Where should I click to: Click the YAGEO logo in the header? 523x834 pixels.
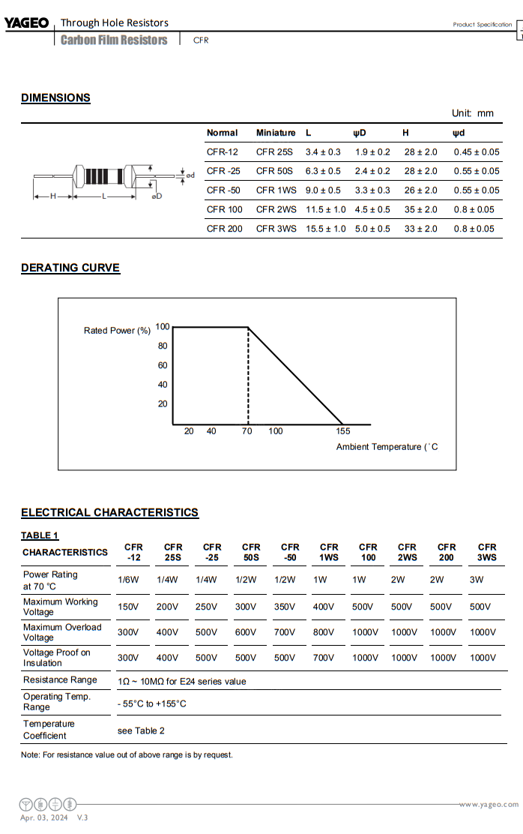26,23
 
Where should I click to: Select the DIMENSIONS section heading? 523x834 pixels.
55,97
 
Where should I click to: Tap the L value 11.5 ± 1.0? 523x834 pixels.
325,210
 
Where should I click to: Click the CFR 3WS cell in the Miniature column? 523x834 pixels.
276,229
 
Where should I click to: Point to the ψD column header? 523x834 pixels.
360,133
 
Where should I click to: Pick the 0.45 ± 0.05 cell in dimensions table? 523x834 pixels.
476,152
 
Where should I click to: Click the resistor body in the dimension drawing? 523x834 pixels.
104,177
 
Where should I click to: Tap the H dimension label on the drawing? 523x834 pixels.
52,196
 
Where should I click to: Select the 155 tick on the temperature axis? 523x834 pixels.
342,431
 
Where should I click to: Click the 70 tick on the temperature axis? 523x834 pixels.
247,431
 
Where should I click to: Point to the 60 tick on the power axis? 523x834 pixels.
163,366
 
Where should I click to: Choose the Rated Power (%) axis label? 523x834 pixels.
117,331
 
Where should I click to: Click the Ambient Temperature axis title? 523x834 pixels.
387,447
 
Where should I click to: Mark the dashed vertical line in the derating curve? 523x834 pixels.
248,375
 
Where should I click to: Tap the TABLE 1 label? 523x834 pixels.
40,535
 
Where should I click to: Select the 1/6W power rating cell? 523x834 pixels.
127,580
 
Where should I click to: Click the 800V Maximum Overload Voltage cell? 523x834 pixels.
324,632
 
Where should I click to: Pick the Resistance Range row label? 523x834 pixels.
60,680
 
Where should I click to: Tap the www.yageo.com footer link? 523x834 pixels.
488,805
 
